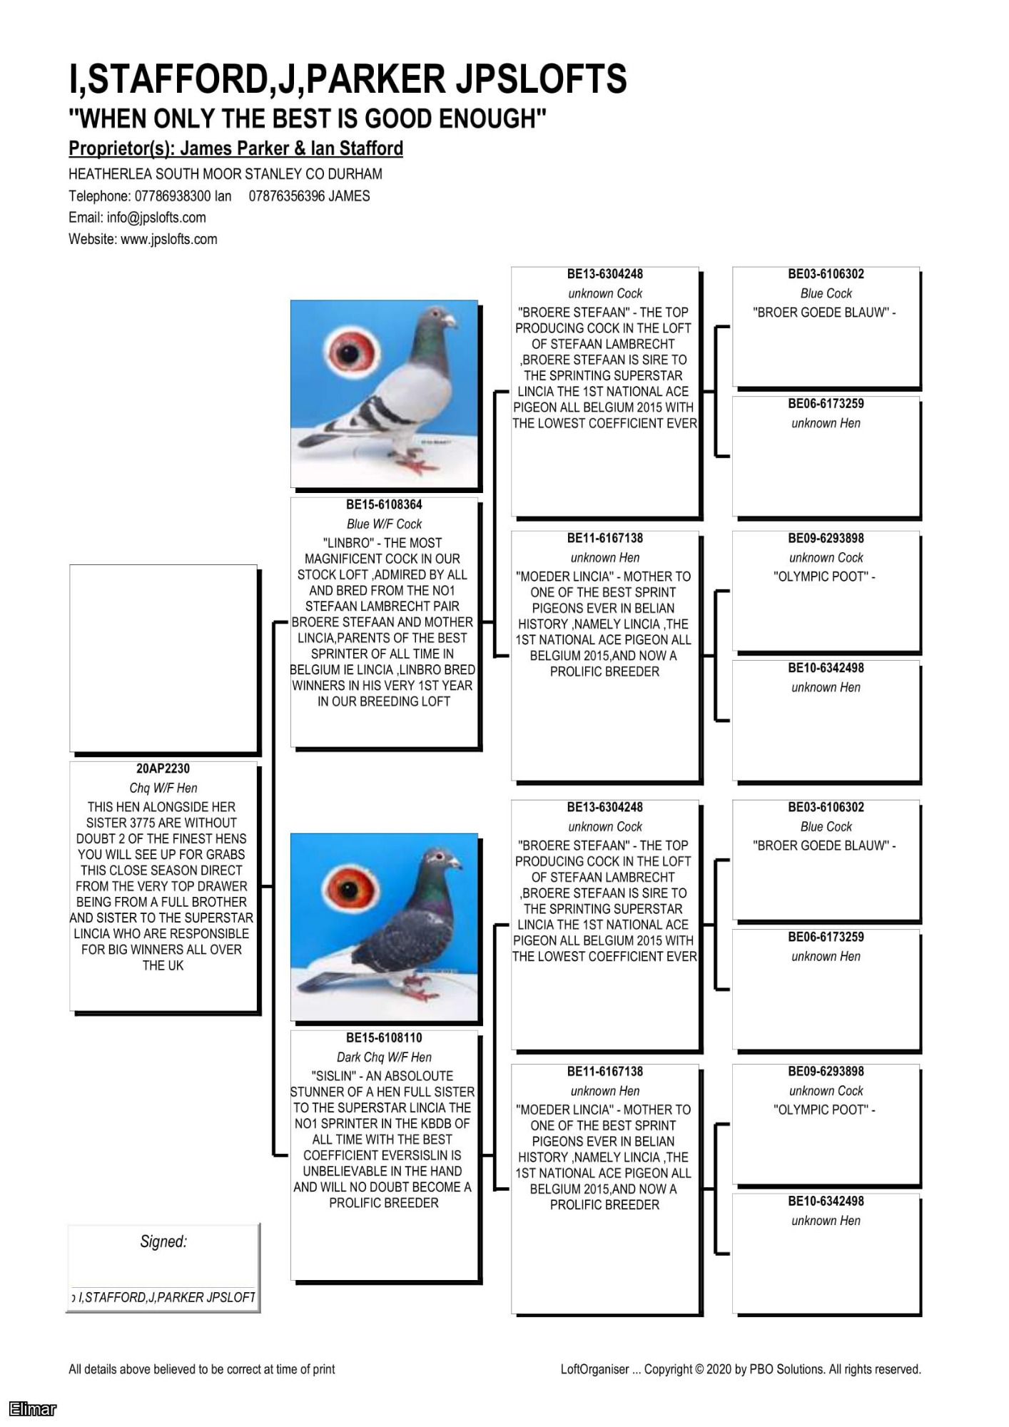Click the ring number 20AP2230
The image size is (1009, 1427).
[163, 768]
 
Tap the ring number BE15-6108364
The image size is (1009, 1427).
[384, 504]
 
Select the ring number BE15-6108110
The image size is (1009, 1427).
[384, 1037]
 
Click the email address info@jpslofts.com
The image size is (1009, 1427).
[156, 218]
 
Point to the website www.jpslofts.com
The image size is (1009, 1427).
[169, 239]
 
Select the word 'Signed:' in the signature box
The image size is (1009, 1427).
[163, 1241]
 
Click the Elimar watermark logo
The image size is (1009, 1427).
[33, 1408]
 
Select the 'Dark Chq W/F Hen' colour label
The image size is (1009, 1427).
[384, 1057]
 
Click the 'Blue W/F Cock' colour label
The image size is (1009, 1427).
[384, 524]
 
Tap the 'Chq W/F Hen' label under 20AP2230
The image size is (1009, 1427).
[163, 788]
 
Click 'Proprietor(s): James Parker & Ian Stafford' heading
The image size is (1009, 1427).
[235, 148]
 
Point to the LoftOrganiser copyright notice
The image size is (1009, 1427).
[740, 1369]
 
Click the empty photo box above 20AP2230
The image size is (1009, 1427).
[163, 658]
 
